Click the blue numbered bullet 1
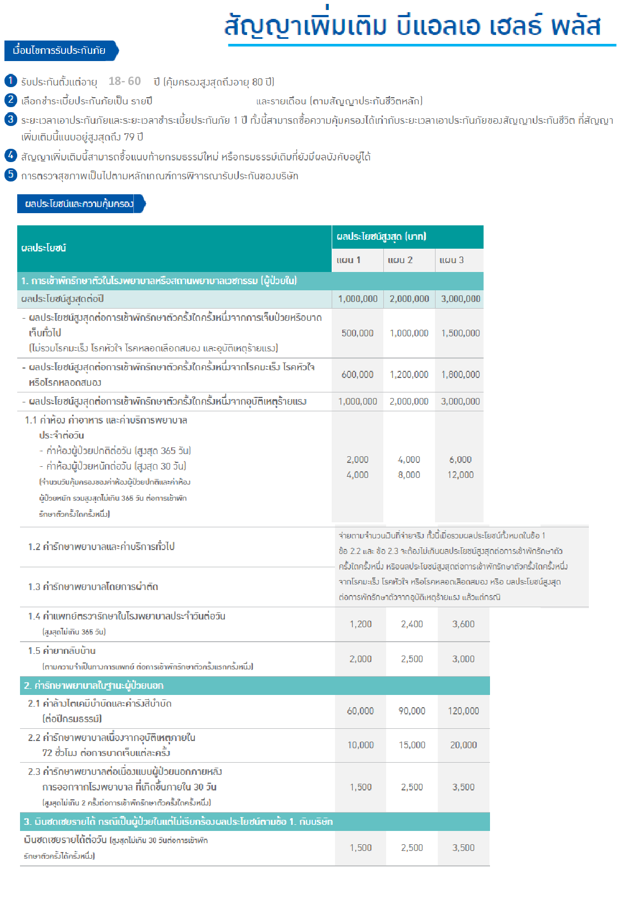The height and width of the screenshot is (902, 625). [x=11, y=80]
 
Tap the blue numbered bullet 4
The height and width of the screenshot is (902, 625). [x=11, y=155]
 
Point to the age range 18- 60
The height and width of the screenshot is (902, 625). [x=124, y=81]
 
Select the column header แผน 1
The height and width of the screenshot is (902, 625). [x=348, y=260]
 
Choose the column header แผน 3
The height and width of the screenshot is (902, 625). [x=451, y=260]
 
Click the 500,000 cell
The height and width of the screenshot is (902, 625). [x=357, y=333]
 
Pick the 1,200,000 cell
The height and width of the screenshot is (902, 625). [x=409, y=375]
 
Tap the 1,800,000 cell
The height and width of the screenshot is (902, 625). [x=460, y=375]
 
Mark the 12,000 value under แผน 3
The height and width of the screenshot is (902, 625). [x=461, y=475]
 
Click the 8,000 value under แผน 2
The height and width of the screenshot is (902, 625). [x=409, y=475]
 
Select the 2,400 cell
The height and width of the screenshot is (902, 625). [x=412, y=624]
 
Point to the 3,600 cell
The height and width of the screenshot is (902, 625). [x=463, y=624]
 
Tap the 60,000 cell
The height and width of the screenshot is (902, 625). [x=360, y=710]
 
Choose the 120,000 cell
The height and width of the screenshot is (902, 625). [x=463, y=710]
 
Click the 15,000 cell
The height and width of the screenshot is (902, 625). [x=412, y=745]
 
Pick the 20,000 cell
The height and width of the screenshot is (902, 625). [x=463, y=745]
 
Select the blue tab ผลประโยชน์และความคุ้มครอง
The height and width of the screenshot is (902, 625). [x=79, y=204]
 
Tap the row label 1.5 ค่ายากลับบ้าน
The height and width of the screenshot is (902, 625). [x=62, y=651]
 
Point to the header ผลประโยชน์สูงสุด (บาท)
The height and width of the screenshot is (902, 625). [x=381, y=236]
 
